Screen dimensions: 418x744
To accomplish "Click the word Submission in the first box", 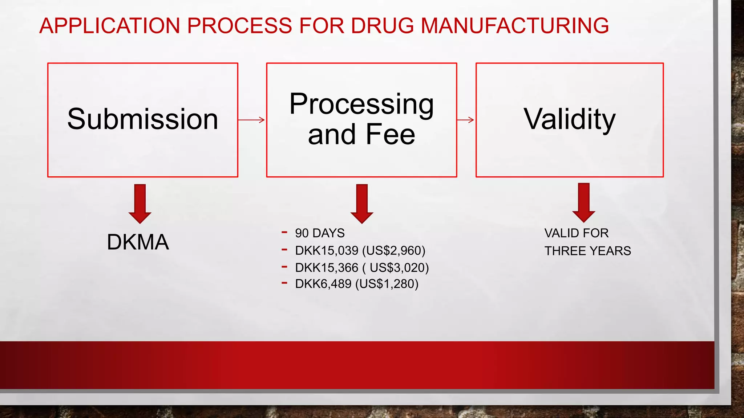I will coord(143,119).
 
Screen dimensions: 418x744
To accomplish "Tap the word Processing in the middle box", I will coord(361,104).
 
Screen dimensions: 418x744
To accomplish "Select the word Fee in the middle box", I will coord(390,134).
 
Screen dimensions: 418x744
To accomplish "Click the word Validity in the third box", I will coord(569,119).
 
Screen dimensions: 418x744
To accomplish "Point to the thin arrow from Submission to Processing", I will coord(252,120).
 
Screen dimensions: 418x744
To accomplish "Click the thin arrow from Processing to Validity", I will coord(466,120).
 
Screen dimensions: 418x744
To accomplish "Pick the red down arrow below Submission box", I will coord(140,203).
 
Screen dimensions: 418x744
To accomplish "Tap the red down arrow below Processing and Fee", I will coord(362,203).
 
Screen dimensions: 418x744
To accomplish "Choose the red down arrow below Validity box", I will coord(583,202).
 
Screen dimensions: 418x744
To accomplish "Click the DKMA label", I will coord(138,242).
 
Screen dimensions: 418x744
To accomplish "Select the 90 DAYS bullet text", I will coord(320,233).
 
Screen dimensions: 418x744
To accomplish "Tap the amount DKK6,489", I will coord(323,284).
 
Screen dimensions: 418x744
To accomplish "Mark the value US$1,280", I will coord(387,284).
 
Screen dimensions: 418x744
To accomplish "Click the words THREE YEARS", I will coord(587,251).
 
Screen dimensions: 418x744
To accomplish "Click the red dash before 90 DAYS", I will coord(284,232).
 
